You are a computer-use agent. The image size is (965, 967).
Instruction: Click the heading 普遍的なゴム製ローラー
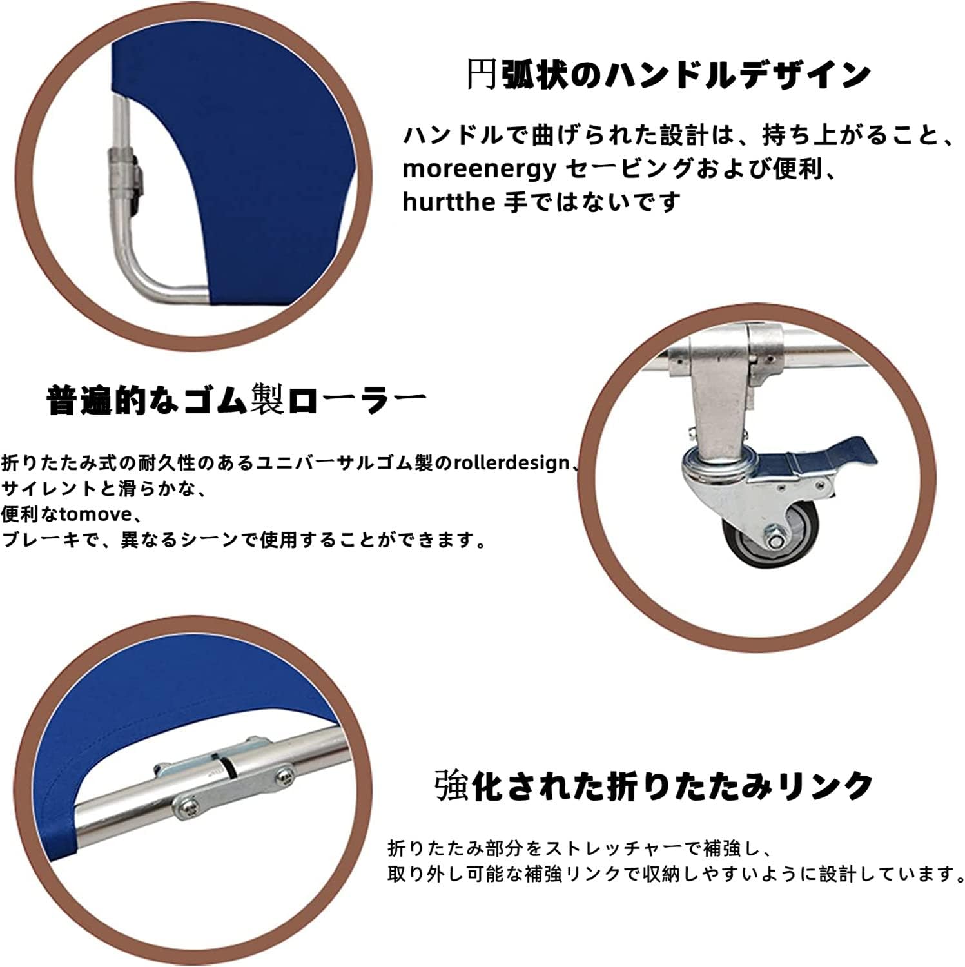coord(237,400)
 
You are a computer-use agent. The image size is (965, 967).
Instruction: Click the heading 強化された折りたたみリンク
coord(654,785)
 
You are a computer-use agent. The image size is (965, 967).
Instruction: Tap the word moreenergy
coord(478,169)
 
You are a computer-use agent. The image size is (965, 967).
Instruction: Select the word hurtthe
coord(448,202)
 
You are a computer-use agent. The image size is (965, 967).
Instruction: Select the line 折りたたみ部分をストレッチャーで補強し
coord(576,846)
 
